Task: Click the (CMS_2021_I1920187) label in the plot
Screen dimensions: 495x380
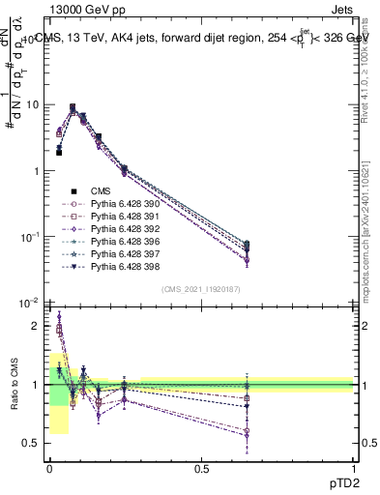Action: (201, 289)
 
